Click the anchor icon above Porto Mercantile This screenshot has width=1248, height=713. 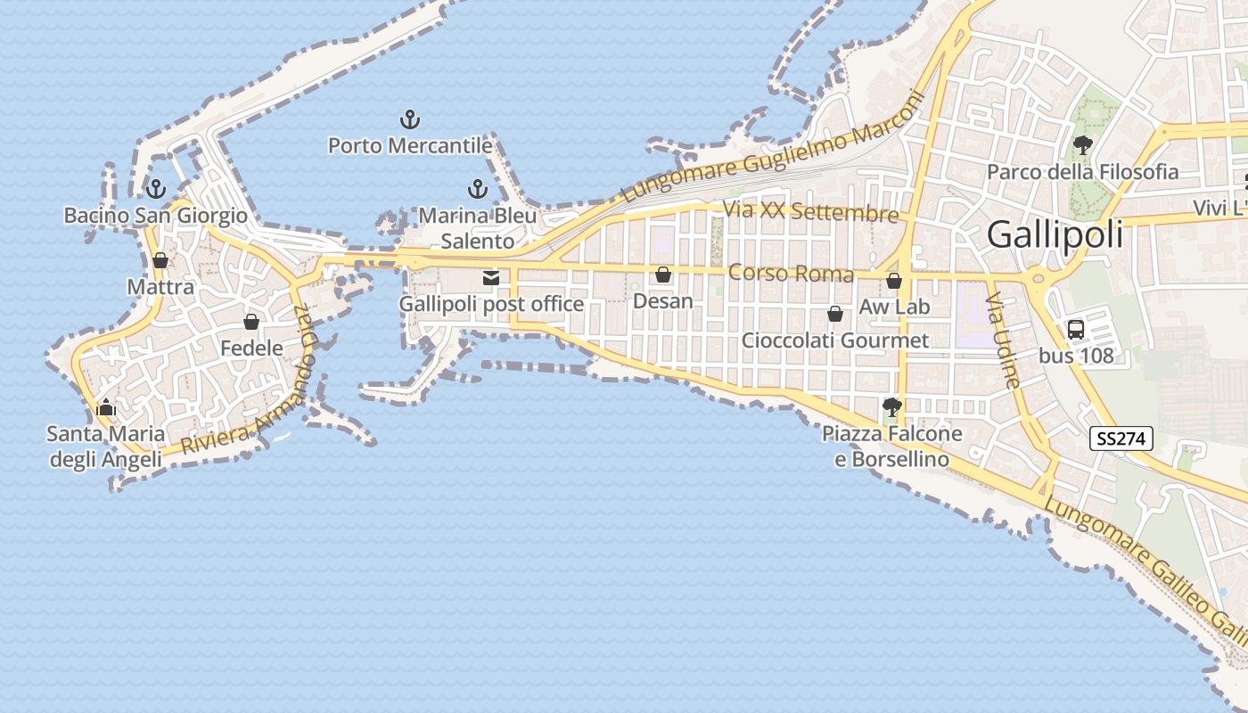click(409, 119)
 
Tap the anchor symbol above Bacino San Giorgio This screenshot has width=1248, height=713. click(156, 188)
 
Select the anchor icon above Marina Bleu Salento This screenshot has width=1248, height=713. click(478, 188)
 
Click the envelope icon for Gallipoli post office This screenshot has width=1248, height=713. click(490, 278)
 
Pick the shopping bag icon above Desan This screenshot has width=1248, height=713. click(662, 275)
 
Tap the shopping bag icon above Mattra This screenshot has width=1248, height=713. click(160, 260)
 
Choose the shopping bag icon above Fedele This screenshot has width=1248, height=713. click(251, 321)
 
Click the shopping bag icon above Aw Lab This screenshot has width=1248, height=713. click(894, 281)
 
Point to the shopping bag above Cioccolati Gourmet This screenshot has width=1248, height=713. click(835, 314)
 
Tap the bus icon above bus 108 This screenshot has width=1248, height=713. click(1076, 329)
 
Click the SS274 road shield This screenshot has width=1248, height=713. click(1121, 438)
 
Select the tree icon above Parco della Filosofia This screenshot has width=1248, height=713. click(1083, 144)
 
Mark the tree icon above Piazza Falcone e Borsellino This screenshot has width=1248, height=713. click(891, 407)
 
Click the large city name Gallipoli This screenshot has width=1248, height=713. click(1055, 235)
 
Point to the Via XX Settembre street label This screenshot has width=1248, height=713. click(811, 212)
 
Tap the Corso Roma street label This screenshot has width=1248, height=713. click(791, 273)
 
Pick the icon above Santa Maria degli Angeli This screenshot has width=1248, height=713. click(106, 408)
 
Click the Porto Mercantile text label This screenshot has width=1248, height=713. click(410, 145)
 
